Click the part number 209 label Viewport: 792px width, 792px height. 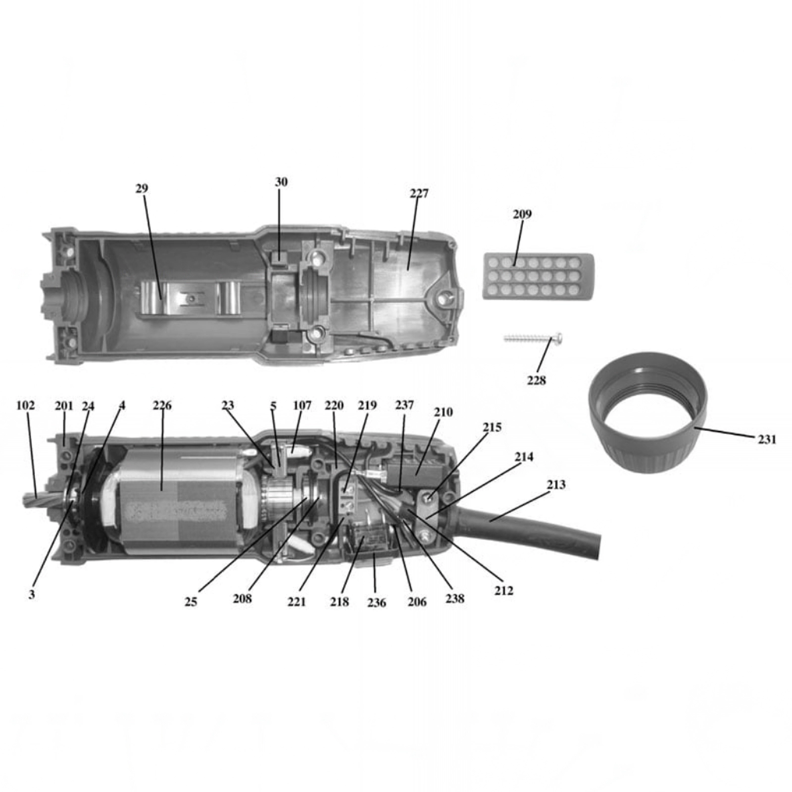pyautogui.click(x=522, y=214)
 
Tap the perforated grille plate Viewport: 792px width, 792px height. pyautogui.click(x=538, y=275)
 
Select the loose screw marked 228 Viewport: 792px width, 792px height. pyautogui.click(x=533, y=339)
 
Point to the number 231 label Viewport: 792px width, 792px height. pyautogui.click(x=767, y=439)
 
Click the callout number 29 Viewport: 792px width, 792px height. pyautogui.click(x=142, y=189)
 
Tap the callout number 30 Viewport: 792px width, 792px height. pyautogui.click(x=281, y=182)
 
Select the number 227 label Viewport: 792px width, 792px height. pyautogui.click(x=419, y=193)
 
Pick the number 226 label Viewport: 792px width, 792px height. pyautogui.click(x=162, y=406)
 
